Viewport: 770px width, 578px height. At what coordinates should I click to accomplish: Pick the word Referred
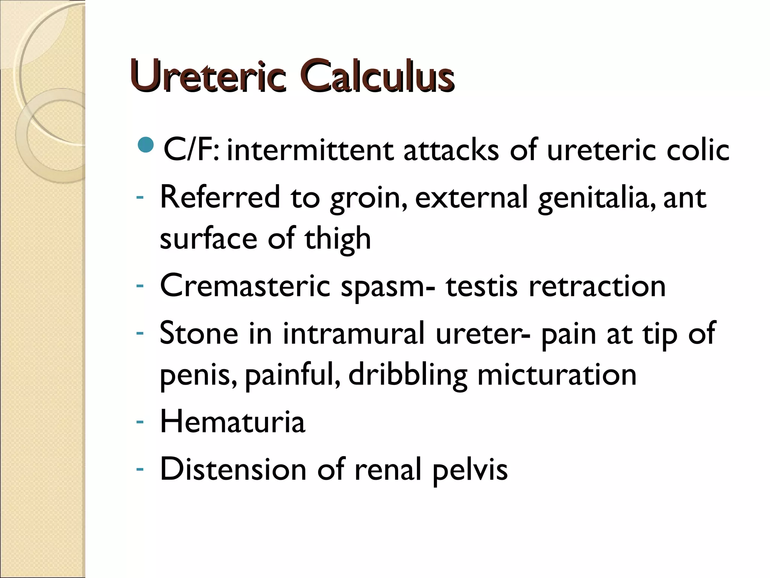[x=220, y=197]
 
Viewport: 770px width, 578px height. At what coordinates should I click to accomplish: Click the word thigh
[x=337, y=239]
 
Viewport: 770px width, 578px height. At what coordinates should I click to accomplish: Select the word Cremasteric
[x=245, y=286]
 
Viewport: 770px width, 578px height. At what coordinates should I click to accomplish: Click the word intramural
[x=353, y=333]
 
